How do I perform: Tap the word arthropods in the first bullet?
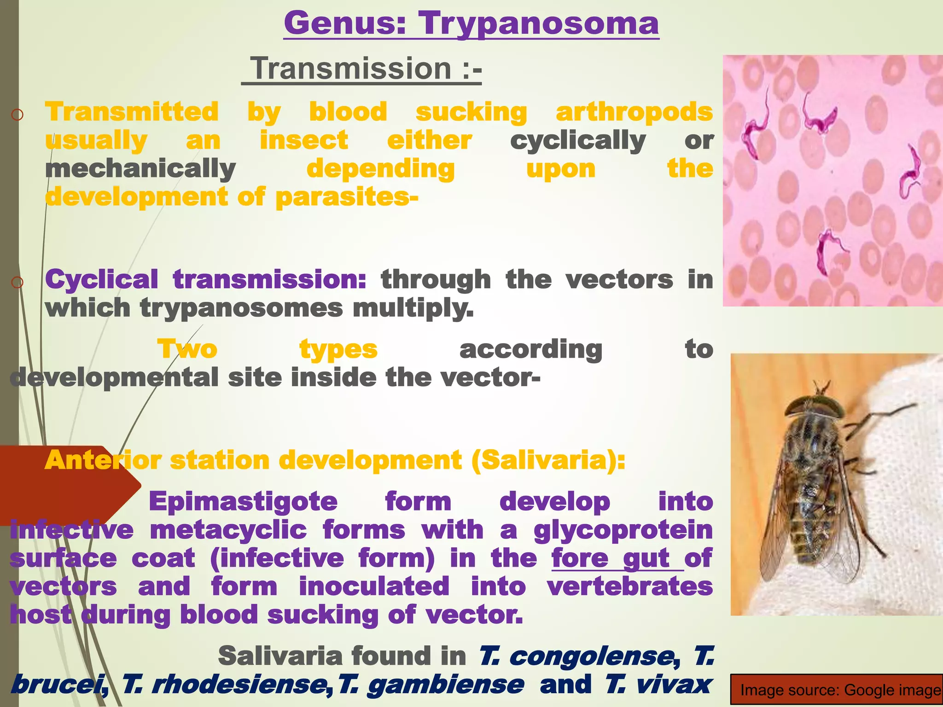click(634, 112)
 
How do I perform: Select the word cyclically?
click(578, 140)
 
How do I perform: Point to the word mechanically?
click(140, 169)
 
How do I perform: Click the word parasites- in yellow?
click(347, 197)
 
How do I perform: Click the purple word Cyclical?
click(102, 279)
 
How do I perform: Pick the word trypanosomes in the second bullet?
click(241, 308)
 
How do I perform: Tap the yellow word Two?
click(187, 349)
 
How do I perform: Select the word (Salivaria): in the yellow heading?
click(548, 460)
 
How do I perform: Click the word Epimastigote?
click(243, 501)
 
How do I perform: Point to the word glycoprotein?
click(623, 530)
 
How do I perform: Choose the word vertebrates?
click(629, 587)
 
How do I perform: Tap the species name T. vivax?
click(658, 684)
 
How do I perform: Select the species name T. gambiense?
click(431, 684)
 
